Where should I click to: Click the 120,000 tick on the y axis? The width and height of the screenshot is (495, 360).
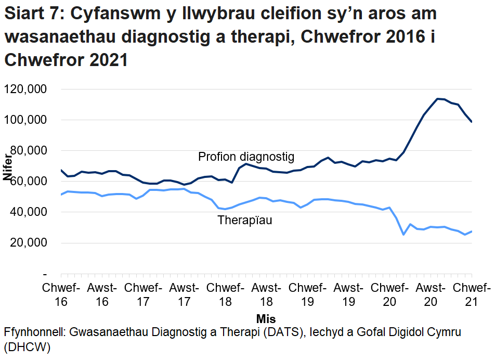coord(25,89)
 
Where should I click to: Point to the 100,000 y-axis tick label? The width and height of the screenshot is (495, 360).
coord(25,120)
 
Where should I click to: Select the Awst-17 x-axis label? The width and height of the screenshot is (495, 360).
coord(185,294)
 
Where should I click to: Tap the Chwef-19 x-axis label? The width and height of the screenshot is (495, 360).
coord(308,294)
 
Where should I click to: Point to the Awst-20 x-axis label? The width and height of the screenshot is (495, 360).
coord(431,294)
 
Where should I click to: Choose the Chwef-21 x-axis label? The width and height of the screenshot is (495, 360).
coord(471,294)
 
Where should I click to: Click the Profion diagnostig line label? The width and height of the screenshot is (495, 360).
coord(246,157)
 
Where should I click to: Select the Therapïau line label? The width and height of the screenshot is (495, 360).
coord(245,220)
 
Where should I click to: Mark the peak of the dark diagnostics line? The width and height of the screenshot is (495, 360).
coord(438,98)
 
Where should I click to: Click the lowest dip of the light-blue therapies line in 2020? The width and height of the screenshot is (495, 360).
coord(403,235)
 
